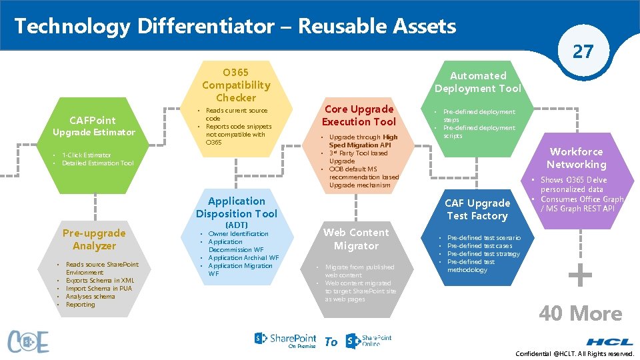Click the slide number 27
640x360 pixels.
(x=583, y=51)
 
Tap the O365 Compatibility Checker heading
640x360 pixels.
(x=236, y=85)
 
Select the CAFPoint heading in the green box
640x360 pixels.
(x=93, y=120)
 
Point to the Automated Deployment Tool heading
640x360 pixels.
(x=477, y=82)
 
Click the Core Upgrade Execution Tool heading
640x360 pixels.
(x=359, y=115)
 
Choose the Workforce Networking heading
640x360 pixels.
(x=576, y=158)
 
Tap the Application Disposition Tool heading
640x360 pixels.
(x=236, y=207)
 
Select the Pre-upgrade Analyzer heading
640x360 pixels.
(x=94, y=239)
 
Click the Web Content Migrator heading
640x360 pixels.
(x=356, y=239)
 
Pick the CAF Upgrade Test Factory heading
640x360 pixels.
(x=477, y=209)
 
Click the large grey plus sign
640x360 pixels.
(x=580, y=275)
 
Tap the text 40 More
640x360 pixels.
(x=580, y=313)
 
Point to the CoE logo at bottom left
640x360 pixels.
(x=28, y=341)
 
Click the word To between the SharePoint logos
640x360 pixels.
(x=331, y=342)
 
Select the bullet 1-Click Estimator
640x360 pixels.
(x=87, y=155)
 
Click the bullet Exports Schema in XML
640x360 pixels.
(x=100, y=281)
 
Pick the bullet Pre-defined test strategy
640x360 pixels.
(x=483, y=254)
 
